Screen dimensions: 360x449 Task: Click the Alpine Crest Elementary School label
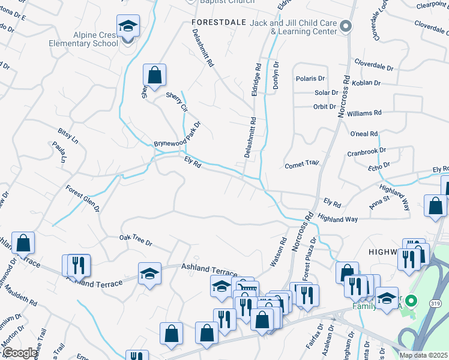click(x=96, y=40)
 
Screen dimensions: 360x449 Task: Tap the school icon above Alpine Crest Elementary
click(x=128, y=28)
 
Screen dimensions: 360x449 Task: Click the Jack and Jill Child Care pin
click(x=346, y=26)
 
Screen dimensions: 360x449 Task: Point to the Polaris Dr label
click(x=310, y=79)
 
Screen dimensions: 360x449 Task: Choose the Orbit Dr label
click(x=325, y=107)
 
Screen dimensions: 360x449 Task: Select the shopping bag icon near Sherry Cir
click(x=154, y=76)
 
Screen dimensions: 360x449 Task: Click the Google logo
click(x=20, y=353)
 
